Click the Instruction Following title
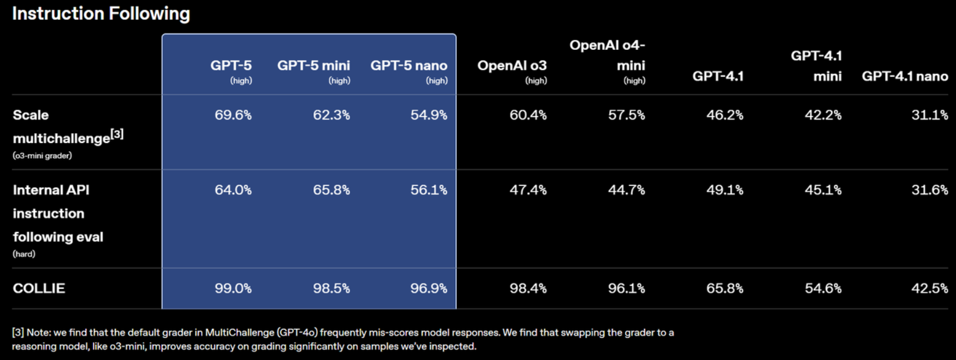point(101,13)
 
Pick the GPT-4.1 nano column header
point(905,76)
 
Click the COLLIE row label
point(39,288)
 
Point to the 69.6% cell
point(233,115)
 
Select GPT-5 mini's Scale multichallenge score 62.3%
point(331,115)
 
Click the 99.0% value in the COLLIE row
point(233,288)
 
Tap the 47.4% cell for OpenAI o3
point(528,190)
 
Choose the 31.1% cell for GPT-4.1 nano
point(930,115)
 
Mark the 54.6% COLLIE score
point(823,288)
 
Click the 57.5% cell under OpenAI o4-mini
point(626,115)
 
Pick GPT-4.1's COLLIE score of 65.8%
point(725,288)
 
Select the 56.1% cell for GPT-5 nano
point(429,190)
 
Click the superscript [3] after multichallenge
point(117,134)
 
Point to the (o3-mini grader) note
point(42,156)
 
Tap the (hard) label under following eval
point(24,254)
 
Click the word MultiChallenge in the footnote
point(239,332)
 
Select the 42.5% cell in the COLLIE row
point(930,288)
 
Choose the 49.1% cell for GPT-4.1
point(725,190)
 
